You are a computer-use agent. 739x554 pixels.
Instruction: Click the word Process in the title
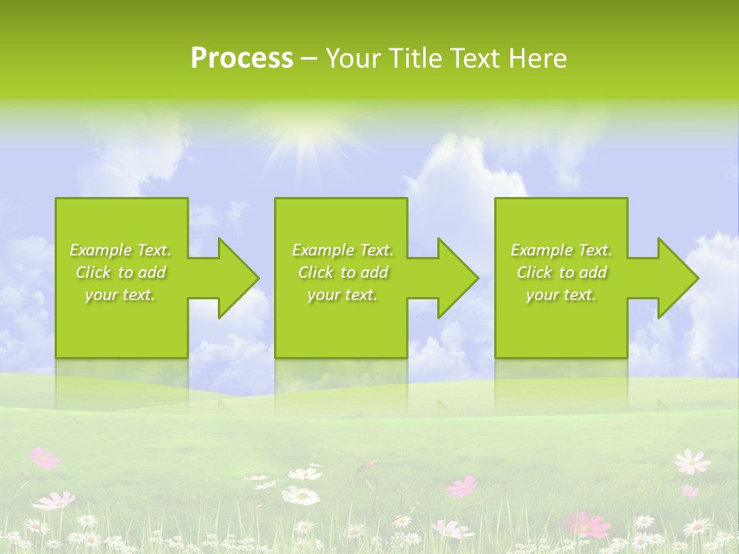242,58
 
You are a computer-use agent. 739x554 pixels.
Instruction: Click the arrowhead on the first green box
235,278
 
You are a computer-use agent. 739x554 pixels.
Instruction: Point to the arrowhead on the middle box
454,278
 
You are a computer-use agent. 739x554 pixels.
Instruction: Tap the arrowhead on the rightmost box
674,278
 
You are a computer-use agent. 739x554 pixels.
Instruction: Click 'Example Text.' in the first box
120,250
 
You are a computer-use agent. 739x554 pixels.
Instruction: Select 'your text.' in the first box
120,295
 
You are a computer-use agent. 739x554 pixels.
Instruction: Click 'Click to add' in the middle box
343,272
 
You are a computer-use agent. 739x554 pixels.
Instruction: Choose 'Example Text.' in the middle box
343,250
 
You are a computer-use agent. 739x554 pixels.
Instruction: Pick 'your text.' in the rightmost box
561,295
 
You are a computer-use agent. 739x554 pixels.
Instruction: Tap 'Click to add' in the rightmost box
561,272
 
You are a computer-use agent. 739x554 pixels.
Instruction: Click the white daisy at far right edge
691,462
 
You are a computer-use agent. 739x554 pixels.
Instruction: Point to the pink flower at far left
44,459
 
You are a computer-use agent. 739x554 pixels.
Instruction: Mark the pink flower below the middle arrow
463,486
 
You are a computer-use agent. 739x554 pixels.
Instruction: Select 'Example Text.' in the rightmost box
561,250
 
